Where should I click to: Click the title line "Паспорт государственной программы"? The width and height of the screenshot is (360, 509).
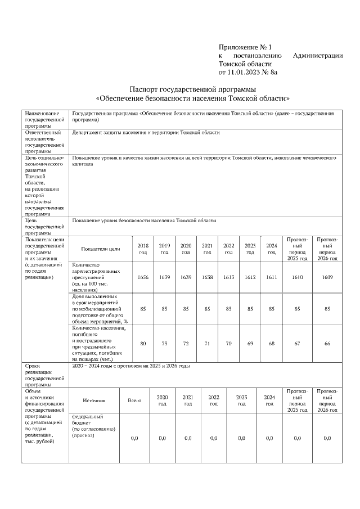pyautogui.click(x=193, y=89)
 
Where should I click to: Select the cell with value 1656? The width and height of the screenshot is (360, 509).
pyautogui.click(x=143, y=277)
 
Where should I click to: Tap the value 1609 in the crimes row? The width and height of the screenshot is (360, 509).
pyautogui.click(x=327, y=277)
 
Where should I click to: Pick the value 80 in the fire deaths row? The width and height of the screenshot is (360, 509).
pyautogui.click(x=143, y=343)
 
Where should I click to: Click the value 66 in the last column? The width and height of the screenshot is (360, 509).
pyautogui.click(x=327, y=343)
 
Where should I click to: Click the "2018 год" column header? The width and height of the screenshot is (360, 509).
pyautogui.click(x=143, y=249)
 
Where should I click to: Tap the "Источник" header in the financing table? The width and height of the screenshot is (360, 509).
pyautogui.click(x=94, y=400)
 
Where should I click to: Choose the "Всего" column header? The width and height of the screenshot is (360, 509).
pyautogui.click(x=134, y=400)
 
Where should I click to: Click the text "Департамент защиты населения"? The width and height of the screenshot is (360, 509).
pyautogui.click(x=146, y=133)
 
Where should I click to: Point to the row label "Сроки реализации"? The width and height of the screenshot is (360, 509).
pyautogui.click(x=39, y=372)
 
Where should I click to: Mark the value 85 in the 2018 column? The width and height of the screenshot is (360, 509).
pyautogui.click(x=143, y=309)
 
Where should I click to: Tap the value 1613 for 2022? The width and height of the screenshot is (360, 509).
pyautogui.click(x=229, y=277)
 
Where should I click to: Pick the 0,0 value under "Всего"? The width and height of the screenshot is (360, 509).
pyautogui.click(x=134, y=438)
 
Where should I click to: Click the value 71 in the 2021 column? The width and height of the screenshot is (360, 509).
pyautogui.click(x=207, y=343)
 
